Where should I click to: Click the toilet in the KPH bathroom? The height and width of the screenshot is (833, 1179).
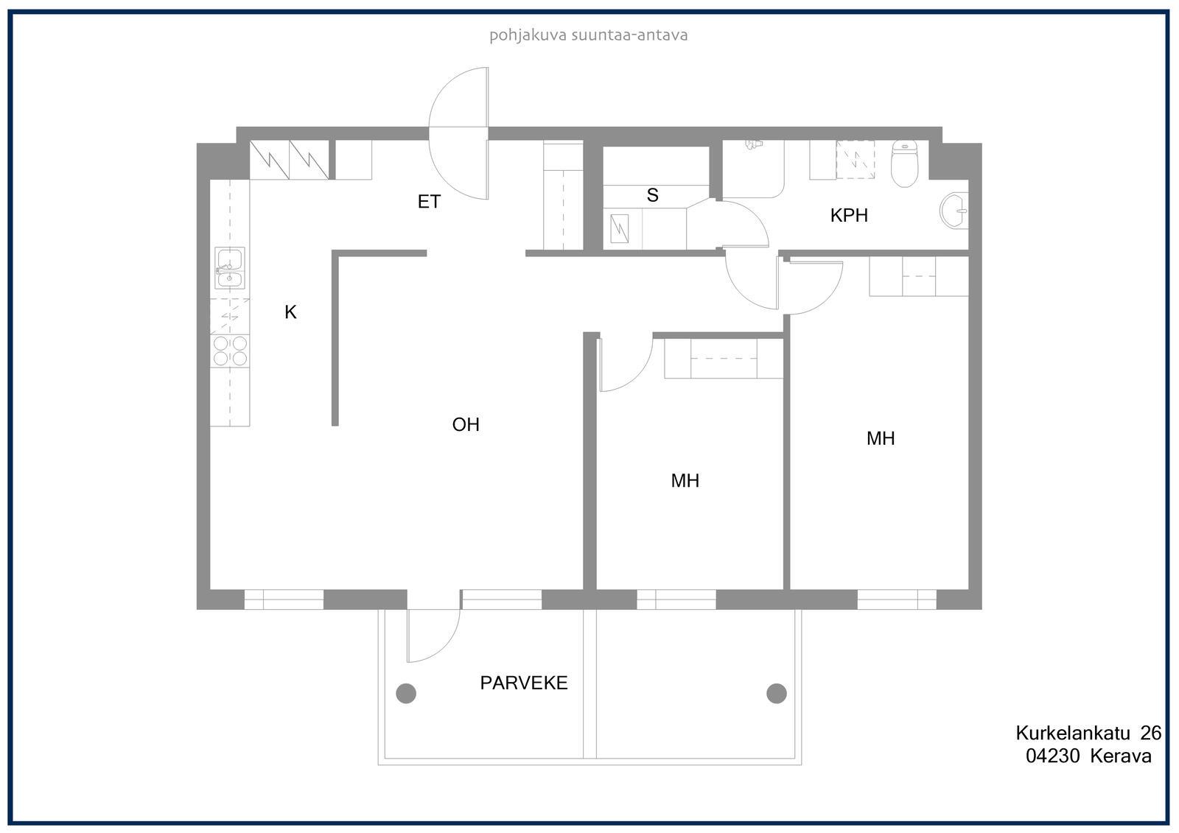coord(904,164)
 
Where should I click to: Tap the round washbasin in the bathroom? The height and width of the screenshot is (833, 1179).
coord(954,211)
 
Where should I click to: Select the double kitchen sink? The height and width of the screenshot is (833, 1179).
coord(229,268)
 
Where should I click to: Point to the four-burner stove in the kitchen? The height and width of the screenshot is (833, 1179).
coord(230,351)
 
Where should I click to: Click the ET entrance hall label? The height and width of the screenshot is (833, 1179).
coord(429,202)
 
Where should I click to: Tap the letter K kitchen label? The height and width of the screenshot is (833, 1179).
coord(290,312)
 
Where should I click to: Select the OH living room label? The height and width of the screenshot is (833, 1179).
coord(466,424)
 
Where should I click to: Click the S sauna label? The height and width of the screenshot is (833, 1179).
coord(653,195)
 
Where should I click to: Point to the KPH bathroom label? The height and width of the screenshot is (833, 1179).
coord(849,215)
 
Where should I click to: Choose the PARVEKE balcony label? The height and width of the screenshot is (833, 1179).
coord(524,683)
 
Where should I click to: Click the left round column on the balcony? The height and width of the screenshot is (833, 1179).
coord(406,694)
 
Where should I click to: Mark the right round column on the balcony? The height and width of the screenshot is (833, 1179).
coord(777,694)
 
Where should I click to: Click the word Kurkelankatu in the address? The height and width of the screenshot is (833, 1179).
coord(1073,733)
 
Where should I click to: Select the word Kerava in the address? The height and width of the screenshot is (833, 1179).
coord(1121,756)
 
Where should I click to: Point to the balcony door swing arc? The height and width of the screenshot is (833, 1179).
coord(445,647)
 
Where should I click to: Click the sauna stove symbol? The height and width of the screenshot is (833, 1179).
coord(620,229)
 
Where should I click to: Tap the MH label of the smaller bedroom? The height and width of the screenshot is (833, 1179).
coord(685,480)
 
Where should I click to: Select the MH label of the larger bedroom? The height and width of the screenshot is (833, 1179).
coord(881,438)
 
